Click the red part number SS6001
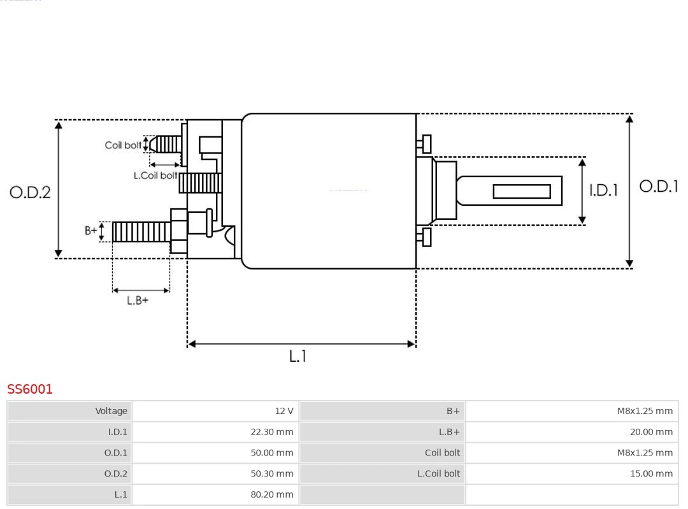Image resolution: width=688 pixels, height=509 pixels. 30,389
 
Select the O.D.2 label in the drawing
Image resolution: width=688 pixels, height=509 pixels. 30,192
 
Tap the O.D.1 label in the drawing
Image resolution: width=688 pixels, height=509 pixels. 659,186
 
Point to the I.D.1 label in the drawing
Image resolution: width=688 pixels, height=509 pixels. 603,190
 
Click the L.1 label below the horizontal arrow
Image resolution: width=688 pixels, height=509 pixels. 297,356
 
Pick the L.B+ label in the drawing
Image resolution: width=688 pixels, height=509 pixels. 138,300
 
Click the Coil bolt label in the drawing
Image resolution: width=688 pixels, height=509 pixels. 123,145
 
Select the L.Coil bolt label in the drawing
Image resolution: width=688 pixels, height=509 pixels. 155,175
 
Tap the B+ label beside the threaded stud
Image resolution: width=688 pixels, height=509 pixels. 91,231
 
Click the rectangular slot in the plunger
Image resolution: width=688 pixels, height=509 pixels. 522,191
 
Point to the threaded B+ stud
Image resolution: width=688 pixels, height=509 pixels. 141,232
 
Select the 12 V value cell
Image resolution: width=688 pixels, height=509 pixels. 215,411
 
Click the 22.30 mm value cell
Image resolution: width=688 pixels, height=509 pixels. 215,432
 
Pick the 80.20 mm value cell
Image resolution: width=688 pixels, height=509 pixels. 215,494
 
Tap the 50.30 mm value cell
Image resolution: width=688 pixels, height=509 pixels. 215,473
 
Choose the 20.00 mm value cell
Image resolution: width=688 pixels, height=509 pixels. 571,432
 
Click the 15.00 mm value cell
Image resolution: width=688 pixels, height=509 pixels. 571,473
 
